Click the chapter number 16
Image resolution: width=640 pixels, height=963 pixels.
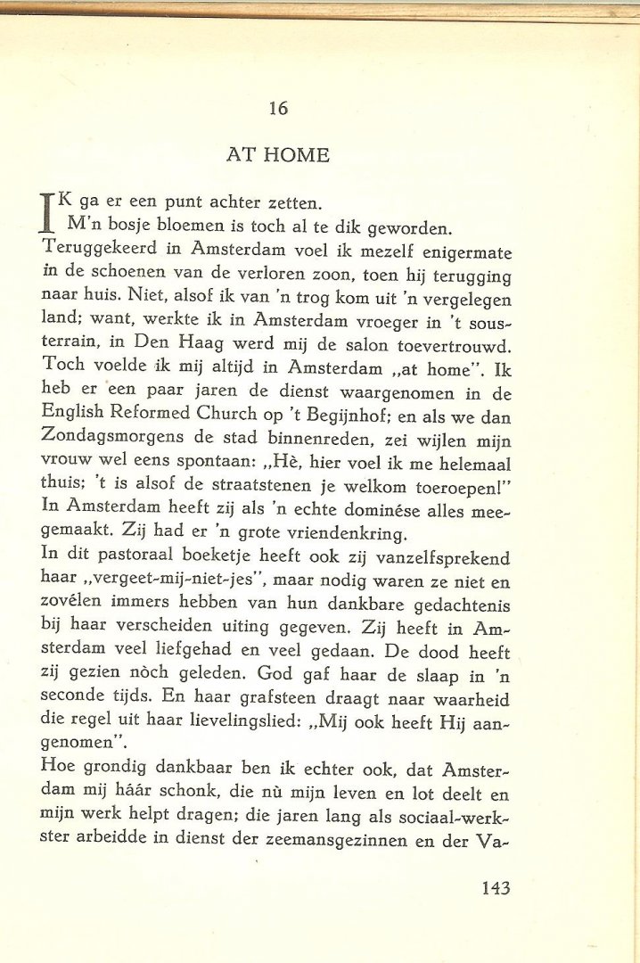point(277,109)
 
